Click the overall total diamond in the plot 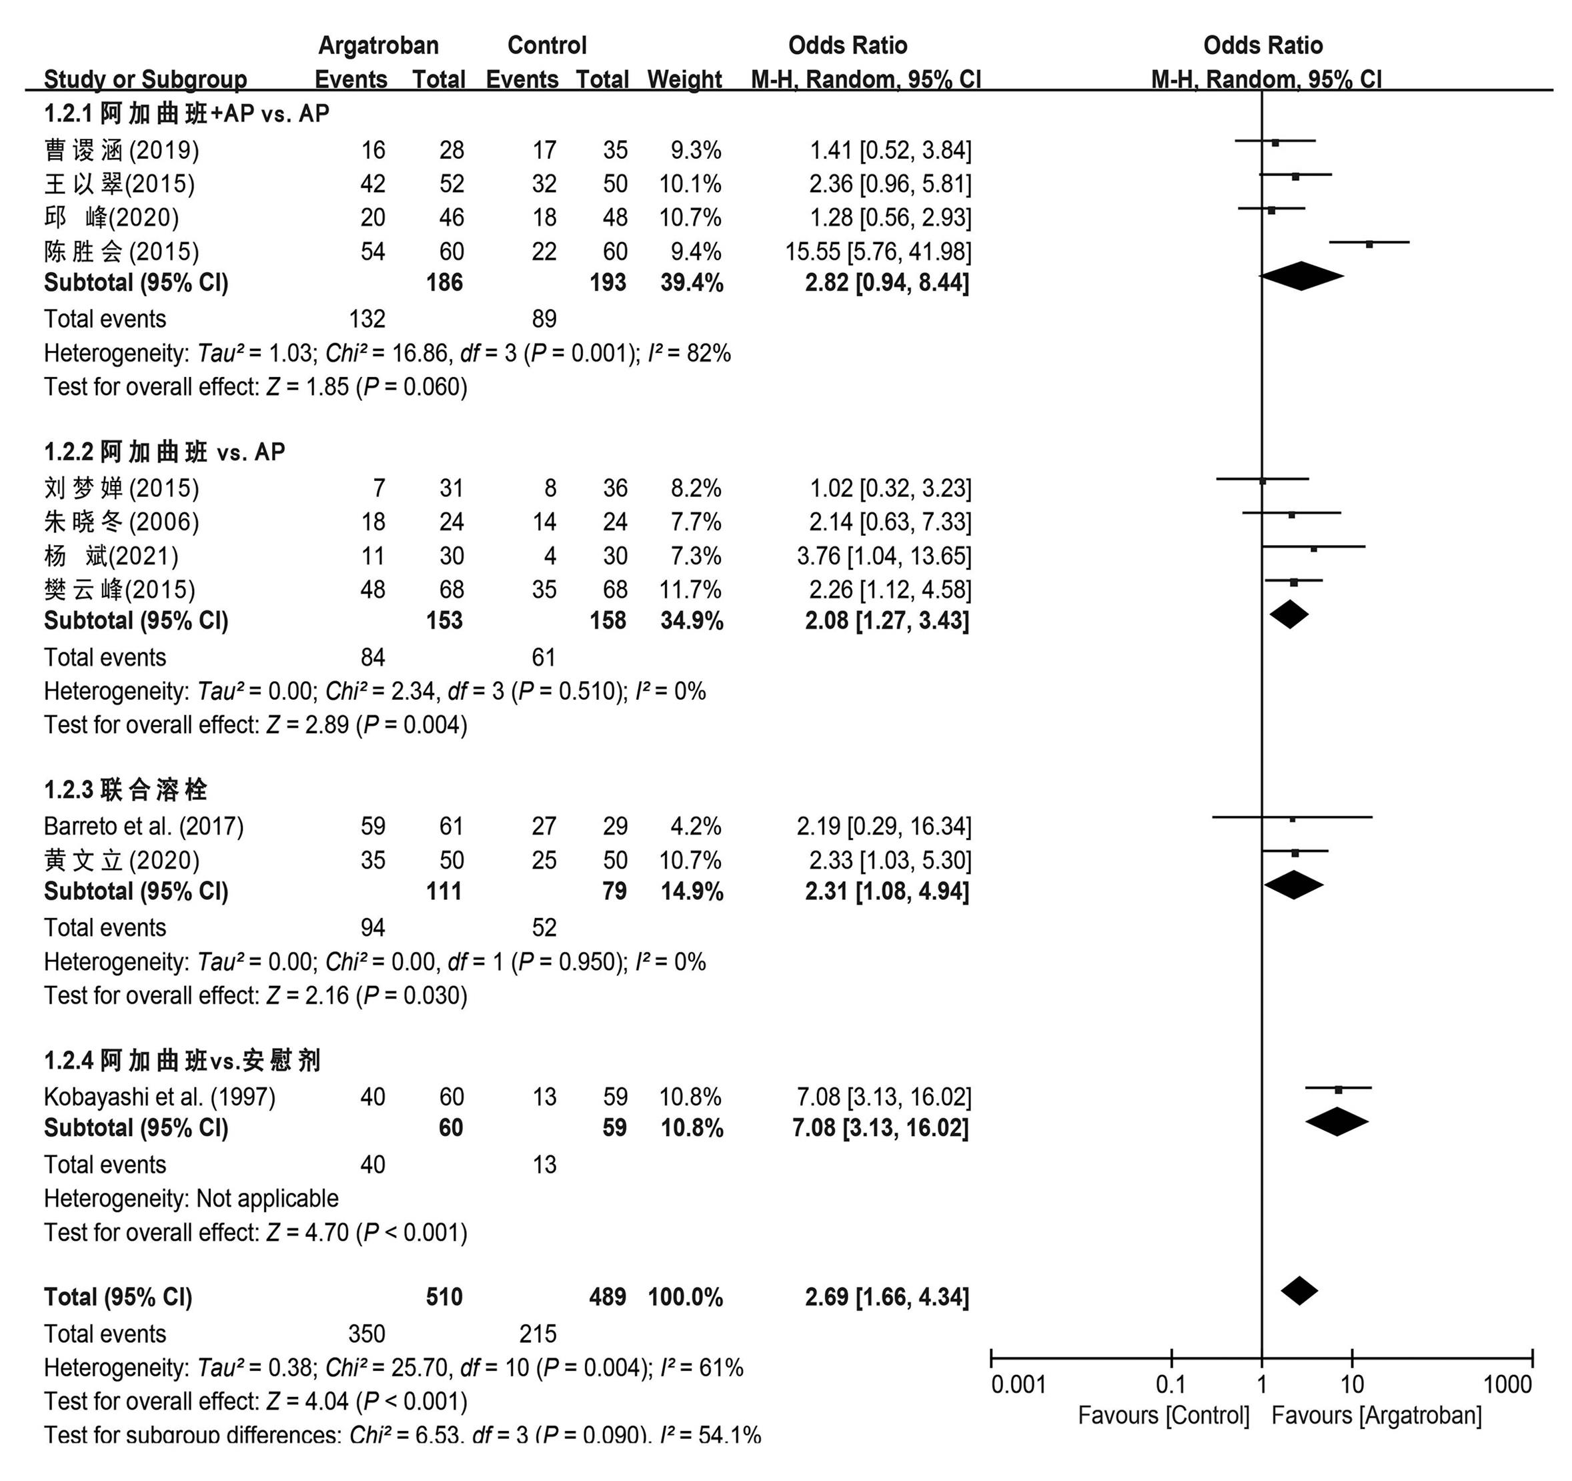[1299, 1291]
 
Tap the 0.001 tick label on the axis [1018, 1384]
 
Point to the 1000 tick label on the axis [1508, 1384]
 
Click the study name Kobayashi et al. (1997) [159, 1097]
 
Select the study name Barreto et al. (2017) [144, 826]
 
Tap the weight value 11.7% [690, 589]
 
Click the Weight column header [684, 79]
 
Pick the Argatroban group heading [378, 45]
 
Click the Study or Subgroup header [145, 79]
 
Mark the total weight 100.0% [686, 1297]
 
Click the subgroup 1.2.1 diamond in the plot [1301, 276]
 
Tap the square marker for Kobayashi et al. [1338, 1089]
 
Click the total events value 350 [367, 1333]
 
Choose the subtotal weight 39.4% [692, 282]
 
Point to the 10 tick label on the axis [1352, 1384]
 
